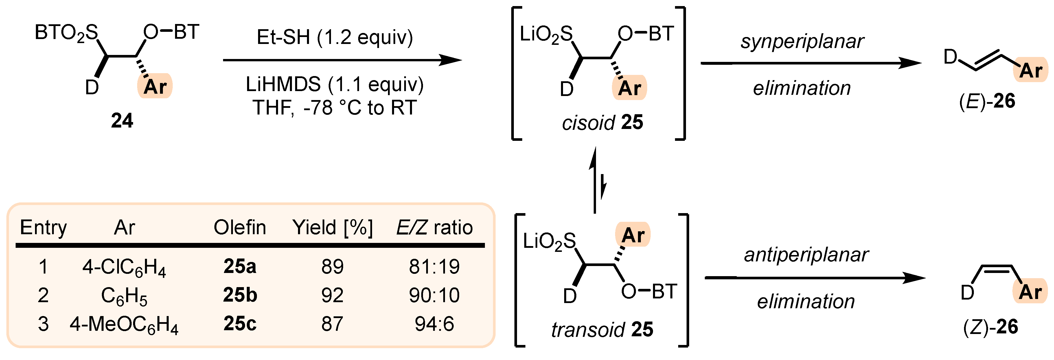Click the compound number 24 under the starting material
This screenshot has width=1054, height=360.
122,121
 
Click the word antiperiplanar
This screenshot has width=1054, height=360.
806,255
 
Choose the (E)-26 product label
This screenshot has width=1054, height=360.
987,101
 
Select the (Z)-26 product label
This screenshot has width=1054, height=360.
990,327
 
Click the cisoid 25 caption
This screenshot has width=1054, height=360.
602,122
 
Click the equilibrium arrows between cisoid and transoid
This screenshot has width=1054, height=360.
598,180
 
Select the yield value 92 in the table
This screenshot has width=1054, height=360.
332,295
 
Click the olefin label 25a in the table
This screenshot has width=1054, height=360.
240,267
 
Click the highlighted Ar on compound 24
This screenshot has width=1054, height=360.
155,86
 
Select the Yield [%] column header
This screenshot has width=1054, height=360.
332,228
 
